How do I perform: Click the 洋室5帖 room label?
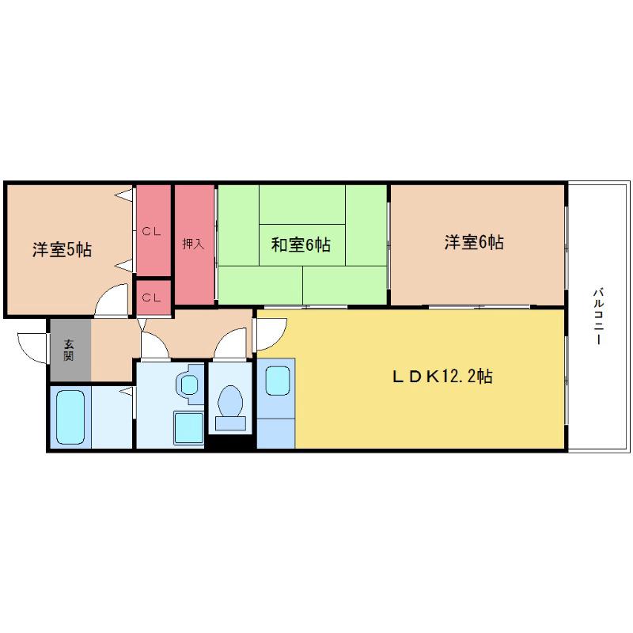coord(62,249)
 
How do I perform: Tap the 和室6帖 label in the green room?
coord(301,244)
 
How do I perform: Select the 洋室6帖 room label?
coord(474,242)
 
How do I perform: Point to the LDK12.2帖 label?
coord(442,377)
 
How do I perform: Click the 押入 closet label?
coord(193,244)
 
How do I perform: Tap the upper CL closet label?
coord(151,232)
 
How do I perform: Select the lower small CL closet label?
coord(151,298)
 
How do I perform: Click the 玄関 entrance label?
coord(69,350)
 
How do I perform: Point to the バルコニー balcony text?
coord(598,316)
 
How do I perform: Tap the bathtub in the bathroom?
coord(70,417)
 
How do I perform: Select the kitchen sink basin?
coord(278,381)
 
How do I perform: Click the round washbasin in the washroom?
coord(189,385)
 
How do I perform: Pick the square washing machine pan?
coord(188,427)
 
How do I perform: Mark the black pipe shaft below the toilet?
coord(230,442)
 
